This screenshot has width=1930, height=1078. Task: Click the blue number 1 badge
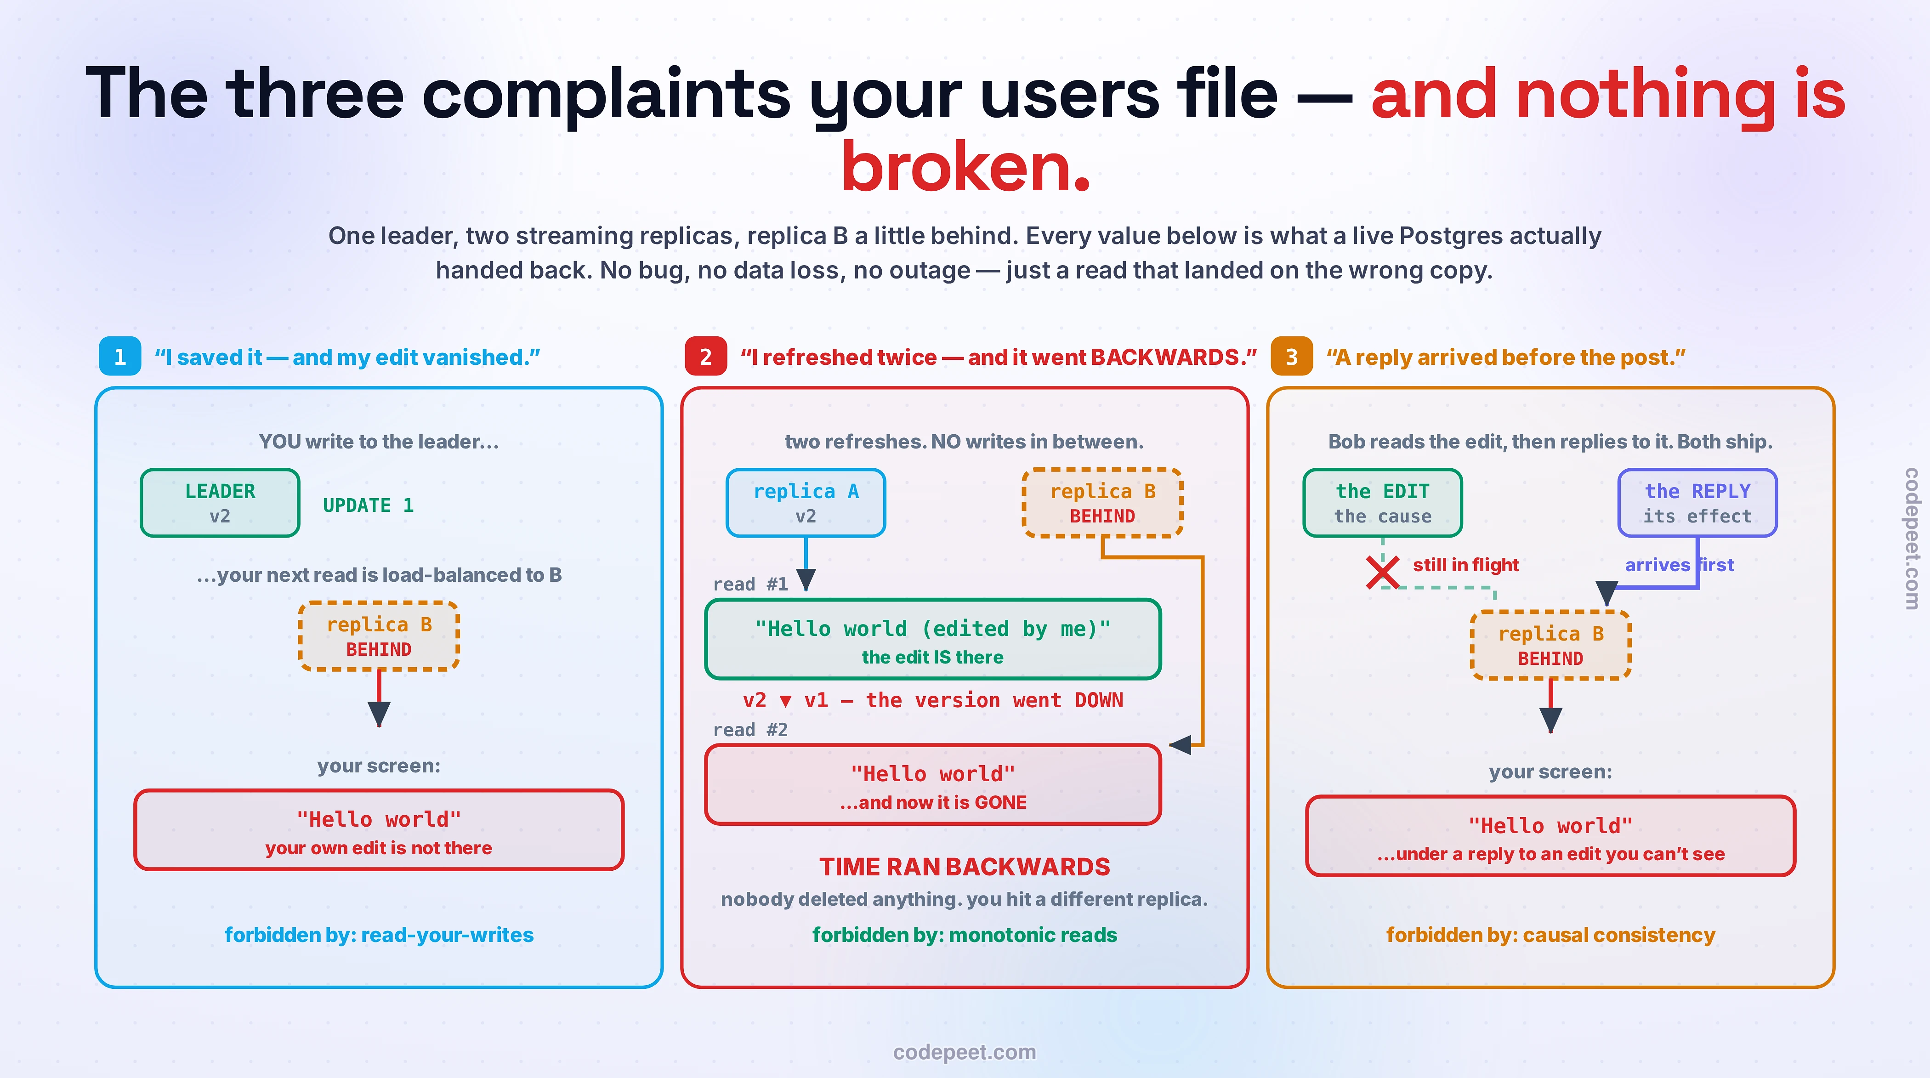pyautogui.click(x=120, y=357)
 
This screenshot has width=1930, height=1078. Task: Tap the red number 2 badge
pyautogui.click(x=706, y=357)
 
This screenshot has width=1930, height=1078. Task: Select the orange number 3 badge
pyautogui.click(x=1292, y=357)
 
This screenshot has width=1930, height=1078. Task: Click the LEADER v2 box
pyautogui.click(x=220, y=503)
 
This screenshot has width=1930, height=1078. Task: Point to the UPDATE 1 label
pyautogui.click(x=368, y=505)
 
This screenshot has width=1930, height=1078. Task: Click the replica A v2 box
pyautogui.click(x=806, y=503)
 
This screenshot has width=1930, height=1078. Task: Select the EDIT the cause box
pyautogui.click(x=1383, y=503)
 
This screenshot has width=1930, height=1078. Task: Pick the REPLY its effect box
pyautogui.click(x=1698, y=503)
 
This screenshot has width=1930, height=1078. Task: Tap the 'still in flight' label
pyautogui.click(x=1465, y=565)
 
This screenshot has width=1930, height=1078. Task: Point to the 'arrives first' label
pyautogui.click(x=1679, y=565)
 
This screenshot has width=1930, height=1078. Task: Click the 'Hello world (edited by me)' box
pyautogui.click(x=933, y=639)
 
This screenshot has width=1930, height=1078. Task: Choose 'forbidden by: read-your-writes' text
pyautogui.click(x=379, y=935)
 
